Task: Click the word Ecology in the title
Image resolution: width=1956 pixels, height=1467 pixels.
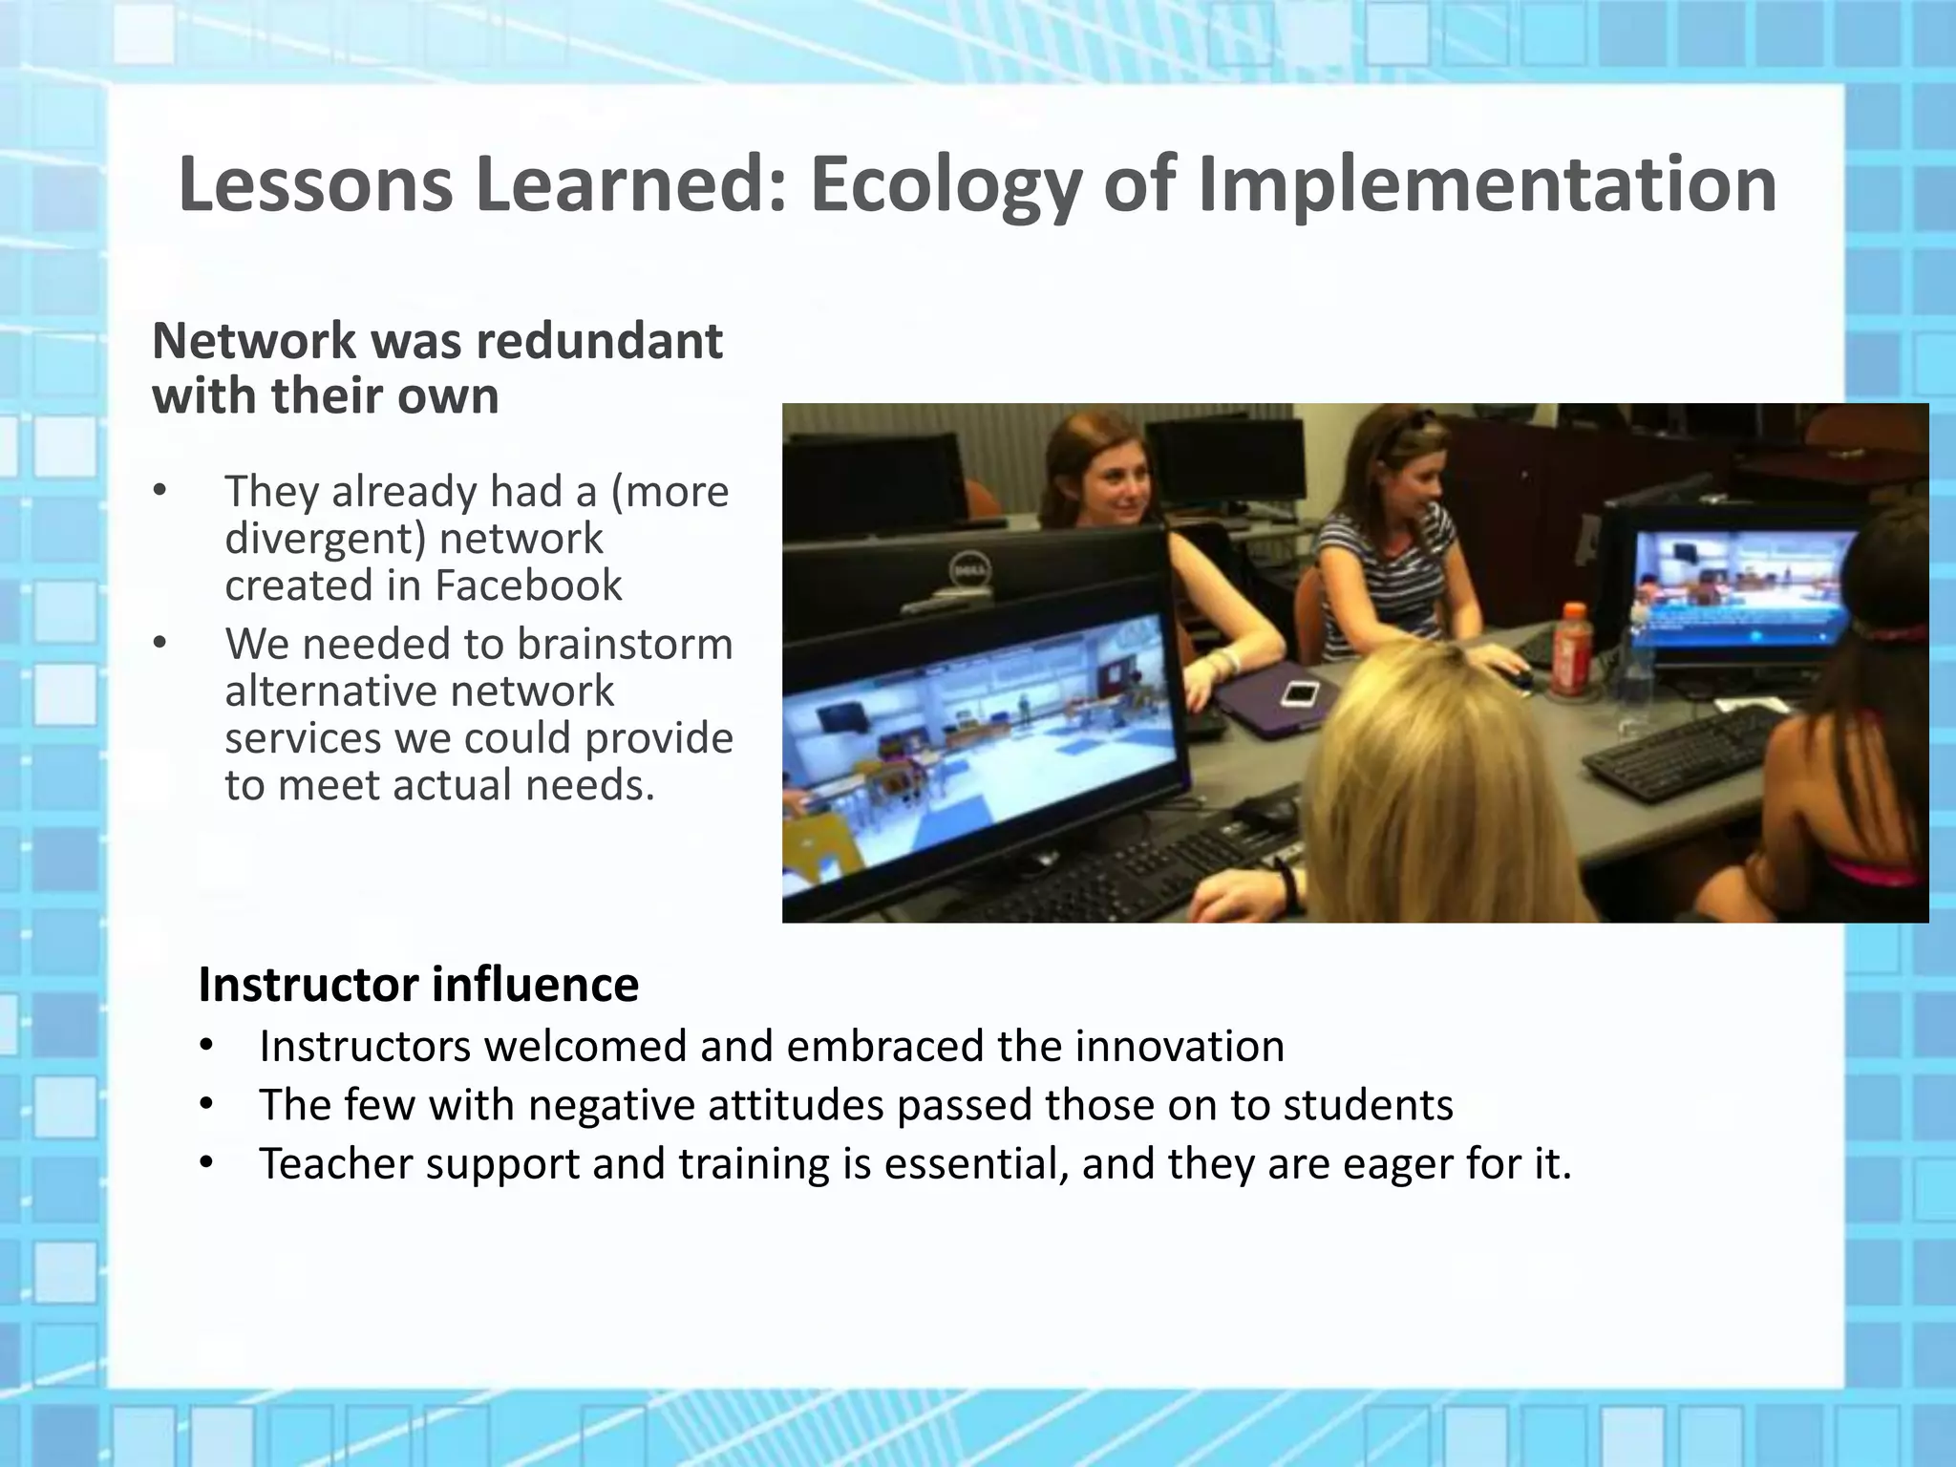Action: click(946, 185)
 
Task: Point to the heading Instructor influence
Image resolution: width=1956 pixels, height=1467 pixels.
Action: click(418, 985)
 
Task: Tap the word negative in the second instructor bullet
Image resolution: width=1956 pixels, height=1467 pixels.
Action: click(610, 1105)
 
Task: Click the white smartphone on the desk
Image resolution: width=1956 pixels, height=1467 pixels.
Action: click(1298, 693)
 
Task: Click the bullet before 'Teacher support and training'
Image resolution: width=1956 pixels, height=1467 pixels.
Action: click(207, 1164)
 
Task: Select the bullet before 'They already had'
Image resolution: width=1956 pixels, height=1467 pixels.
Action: click(159, 492)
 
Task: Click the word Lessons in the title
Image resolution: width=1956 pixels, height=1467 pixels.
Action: click(315, 185)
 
